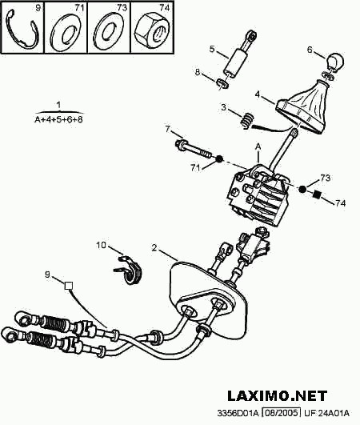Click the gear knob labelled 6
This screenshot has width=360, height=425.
point(336,62)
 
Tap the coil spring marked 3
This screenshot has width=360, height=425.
point(248,120)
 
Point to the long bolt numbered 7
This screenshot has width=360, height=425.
point(193,150)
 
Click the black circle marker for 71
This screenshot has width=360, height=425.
point(219,158)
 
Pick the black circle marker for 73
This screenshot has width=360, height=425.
point(302,189)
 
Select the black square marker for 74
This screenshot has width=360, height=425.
point(317,194)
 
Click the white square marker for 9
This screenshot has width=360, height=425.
point(69,286)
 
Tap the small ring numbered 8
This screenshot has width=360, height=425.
point(222,83)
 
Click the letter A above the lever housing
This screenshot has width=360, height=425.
point(258,146)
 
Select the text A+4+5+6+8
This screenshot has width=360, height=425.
point(58,119)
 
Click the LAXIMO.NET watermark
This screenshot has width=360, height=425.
point(278,395)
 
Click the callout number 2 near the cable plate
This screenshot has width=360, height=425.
point(154,247)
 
